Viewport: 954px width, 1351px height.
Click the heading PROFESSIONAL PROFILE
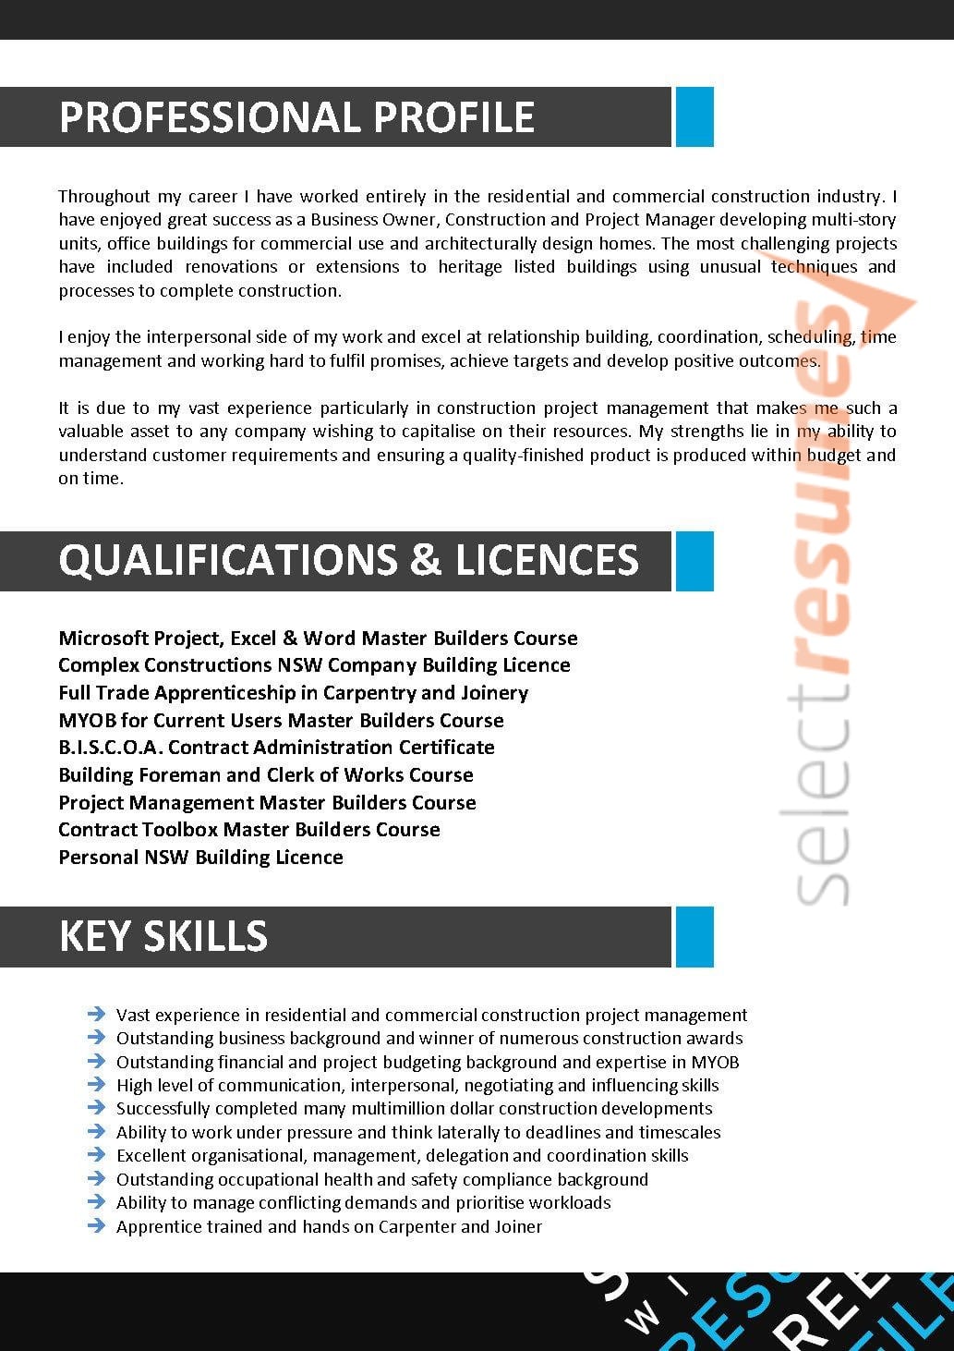pyautogui.click(x=296, y=117)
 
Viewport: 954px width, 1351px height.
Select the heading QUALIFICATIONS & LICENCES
pyautogui.click(x=348, y=561)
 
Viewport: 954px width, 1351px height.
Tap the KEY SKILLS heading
pyautogui.click(x=163, y=936)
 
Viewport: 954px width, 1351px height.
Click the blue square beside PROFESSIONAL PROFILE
pyautogui.click(x=694, y=116)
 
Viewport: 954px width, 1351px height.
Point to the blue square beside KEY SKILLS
pyautogui.click(x=694, y=936)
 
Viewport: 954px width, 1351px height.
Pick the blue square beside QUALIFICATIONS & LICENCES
pyautogui.click(x=694, y=561)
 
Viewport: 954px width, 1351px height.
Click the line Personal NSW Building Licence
pyautogui.click(x=200, y=858)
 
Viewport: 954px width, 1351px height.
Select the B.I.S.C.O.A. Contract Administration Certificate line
pyautogui.click(x=276, y=748)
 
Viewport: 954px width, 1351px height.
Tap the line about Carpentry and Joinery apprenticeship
pyautogui.click(x=293, y=693)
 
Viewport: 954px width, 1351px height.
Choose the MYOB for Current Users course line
pyautogui.click(x=281, y=721)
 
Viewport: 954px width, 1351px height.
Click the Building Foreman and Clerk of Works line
pyautogui.click(x=266, y=775)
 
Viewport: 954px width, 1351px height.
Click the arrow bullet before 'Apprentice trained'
pyautogui.click(x=96, y=1226)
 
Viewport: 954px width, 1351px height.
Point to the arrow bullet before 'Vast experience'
pyautogui.click(x=96, y=1015)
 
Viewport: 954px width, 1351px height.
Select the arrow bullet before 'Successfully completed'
pyautogui.click(x=96, y=1108)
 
